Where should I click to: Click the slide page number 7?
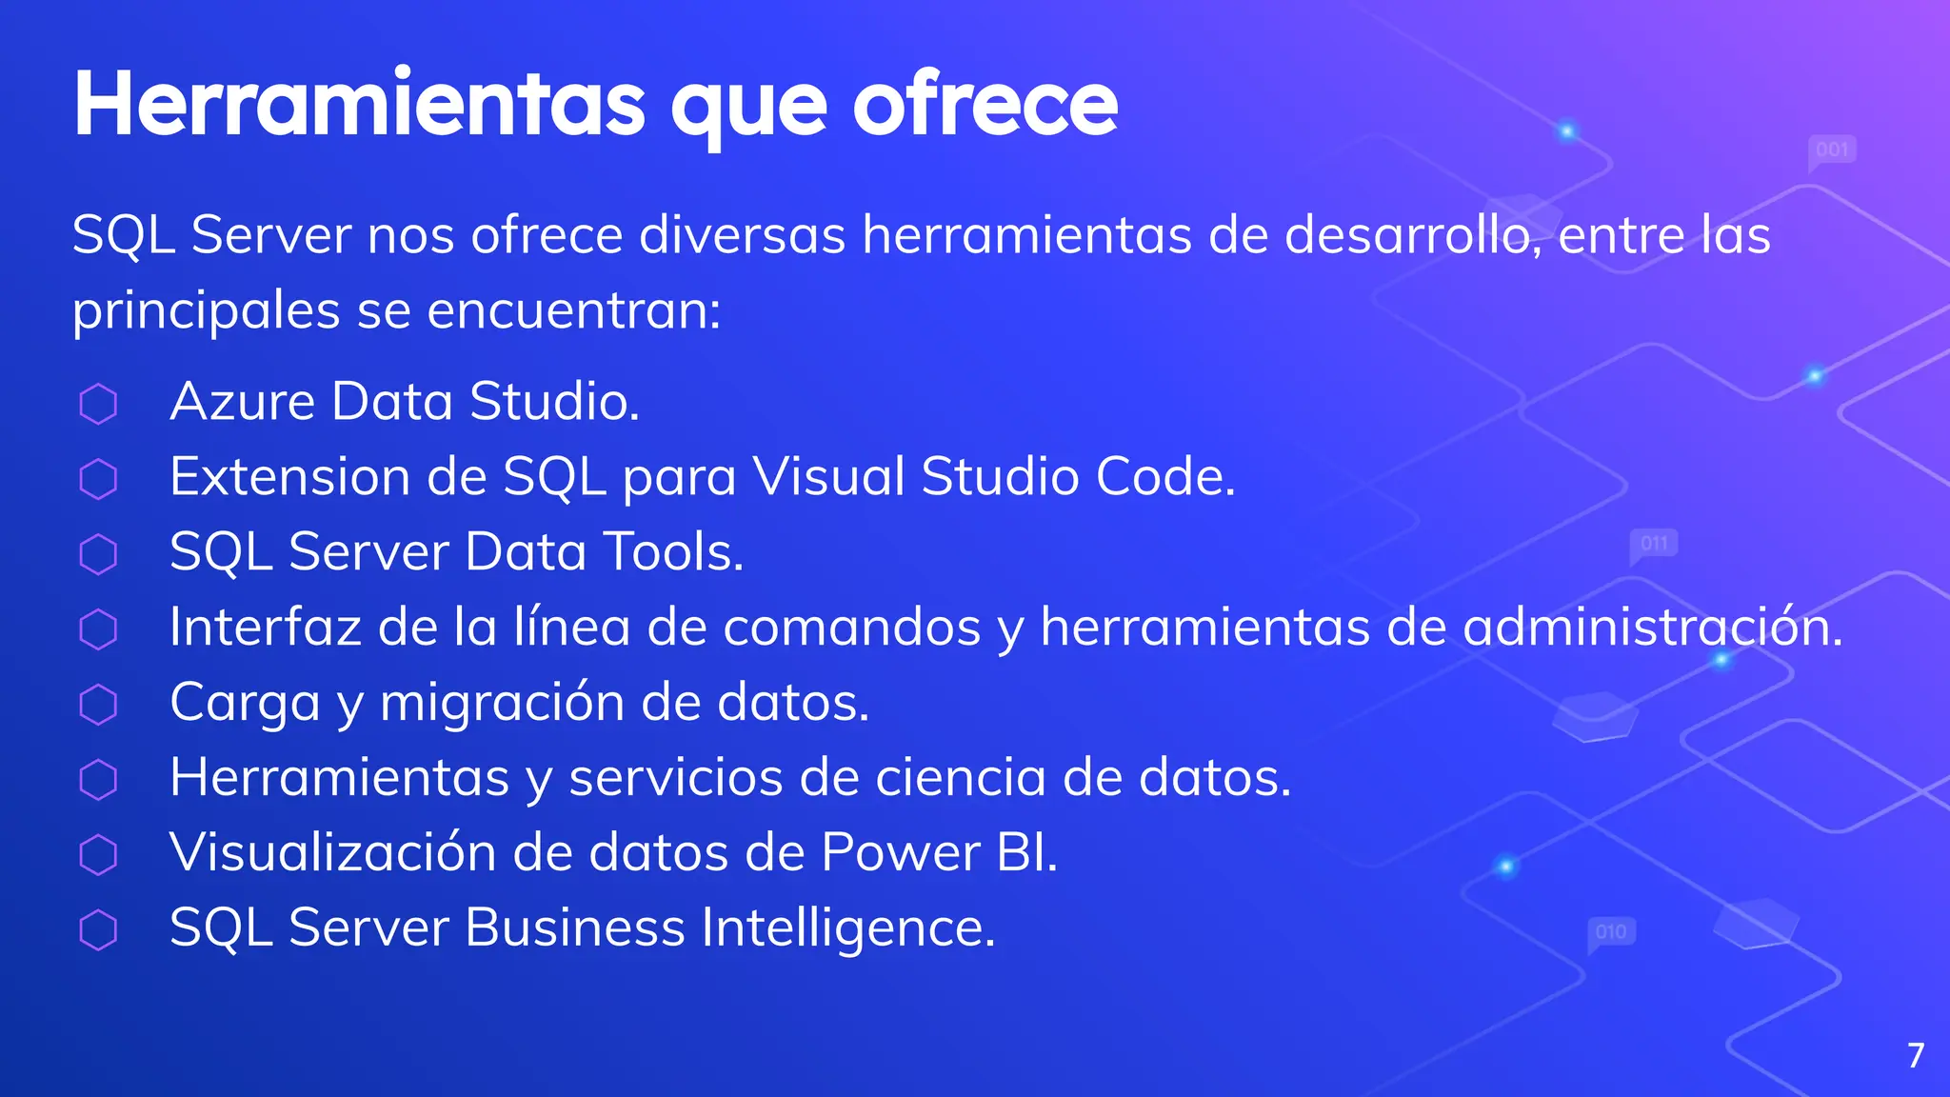tap(1916, 1055)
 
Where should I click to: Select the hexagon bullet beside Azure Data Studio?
tap(98, 404)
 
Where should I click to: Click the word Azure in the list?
tap(242, 402)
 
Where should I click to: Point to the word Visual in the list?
tap(828, 476)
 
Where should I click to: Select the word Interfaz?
tap(266, 628)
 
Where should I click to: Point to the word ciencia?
tap(961, 778)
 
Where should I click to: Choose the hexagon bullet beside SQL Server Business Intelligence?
tap(98, 930)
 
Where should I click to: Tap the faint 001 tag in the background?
tap(1832, 150)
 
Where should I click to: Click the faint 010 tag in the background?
tap(1611, 931)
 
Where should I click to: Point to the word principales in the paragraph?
tap(206, 311)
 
